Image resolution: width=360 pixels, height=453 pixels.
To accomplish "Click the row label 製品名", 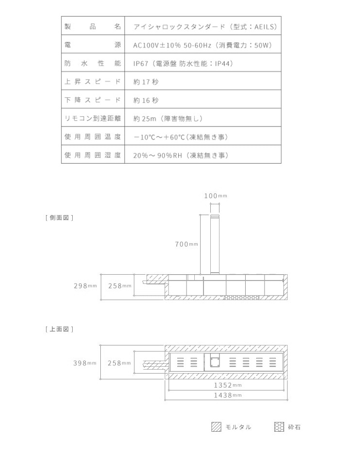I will (92, 27).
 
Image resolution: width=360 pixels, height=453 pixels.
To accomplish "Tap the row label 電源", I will (92, 45).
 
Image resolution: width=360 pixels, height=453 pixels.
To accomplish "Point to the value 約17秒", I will (146, 82).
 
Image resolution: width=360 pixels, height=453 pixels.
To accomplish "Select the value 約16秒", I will (146, 100).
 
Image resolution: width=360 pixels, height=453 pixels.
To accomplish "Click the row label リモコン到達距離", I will (92, 118).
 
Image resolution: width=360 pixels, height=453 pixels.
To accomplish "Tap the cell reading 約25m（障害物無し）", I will (168, 118).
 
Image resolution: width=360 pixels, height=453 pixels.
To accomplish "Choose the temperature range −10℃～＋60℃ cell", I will (180, 137).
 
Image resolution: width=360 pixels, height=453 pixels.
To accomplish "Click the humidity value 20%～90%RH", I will (180, 156).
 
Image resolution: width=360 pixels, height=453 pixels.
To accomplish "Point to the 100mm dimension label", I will (215, 196).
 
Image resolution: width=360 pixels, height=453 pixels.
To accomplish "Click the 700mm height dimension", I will (187, 244).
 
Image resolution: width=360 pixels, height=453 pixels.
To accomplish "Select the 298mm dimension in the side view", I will (85, 286).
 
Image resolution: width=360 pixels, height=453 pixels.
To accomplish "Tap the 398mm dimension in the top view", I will (85, 363).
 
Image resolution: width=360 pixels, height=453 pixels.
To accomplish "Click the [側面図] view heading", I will (59, 218).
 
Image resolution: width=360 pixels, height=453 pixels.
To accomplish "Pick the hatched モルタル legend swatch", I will (216, 427).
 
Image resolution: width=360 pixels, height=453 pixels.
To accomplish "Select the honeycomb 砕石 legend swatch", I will (279, 427).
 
